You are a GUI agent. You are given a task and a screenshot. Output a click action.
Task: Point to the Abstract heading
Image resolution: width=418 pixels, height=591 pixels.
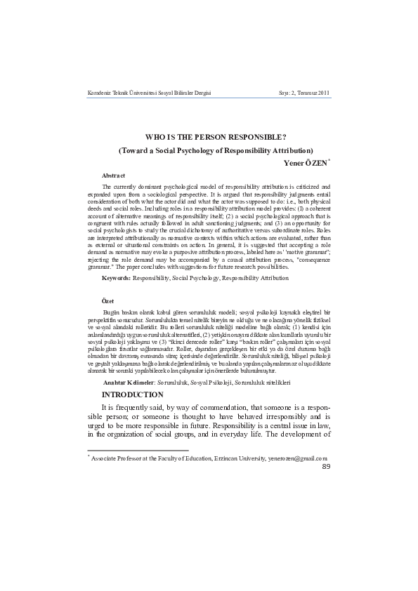coord(114,175)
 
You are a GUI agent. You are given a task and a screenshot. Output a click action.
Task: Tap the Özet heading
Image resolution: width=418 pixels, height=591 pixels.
coord(108,299)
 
